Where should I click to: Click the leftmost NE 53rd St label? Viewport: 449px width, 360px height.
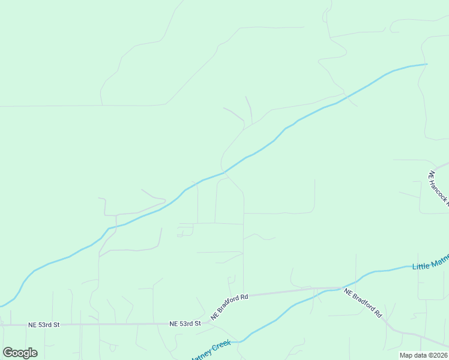[44, 325]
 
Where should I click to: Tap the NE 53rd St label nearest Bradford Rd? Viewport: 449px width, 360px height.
[184, 324]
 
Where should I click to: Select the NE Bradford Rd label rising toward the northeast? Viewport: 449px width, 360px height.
[229, 306]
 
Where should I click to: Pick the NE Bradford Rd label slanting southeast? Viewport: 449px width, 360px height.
[363, 302]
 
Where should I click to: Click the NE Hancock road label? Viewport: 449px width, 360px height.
[438, 188]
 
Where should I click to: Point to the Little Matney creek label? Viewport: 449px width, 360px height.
[430, 263]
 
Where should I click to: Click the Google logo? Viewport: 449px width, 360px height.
[20, 353]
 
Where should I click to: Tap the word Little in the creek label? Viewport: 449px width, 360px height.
[420, 265]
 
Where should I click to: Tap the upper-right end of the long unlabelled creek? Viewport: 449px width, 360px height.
[426, 64]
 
